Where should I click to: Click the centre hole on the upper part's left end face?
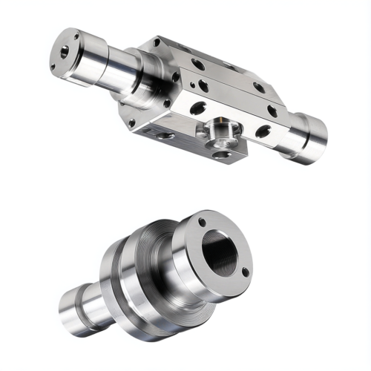click(65, 51)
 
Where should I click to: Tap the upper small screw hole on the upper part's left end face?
click(76, 36)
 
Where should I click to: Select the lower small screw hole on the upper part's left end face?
click(53, 67)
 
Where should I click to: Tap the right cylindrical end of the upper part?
click(308, 137)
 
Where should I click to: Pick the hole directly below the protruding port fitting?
click(220, 154)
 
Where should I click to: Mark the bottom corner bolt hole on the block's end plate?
click(132, 122)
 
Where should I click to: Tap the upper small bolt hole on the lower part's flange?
click(202, 222)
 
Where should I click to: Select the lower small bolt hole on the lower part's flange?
click(245, 272)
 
